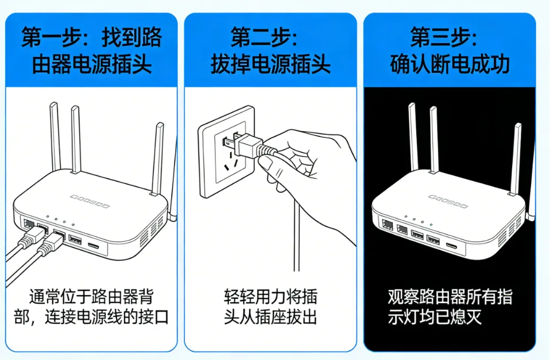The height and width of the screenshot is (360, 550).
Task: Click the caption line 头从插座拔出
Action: tap(270, 317)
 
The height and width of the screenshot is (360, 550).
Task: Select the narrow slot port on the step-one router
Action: tap(94, 247)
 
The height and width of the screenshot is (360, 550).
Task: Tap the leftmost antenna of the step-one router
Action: tap(55, 135)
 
